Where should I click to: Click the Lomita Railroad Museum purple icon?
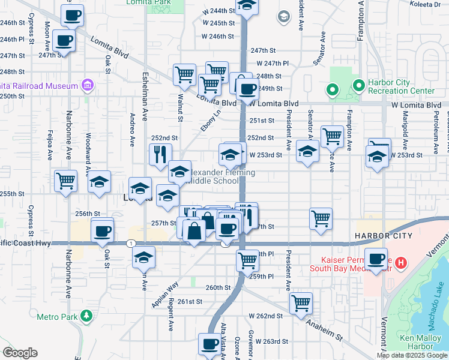[88, 85]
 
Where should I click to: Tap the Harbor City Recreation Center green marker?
[358, 85]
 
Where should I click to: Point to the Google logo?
[20, 353]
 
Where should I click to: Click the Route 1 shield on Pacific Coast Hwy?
[130, 243]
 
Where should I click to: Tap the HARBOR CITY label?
[383, 236]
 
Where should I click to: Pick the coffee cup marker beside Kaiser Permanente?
[376, 259]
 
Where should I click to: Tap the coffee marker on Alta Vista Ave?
[209, 344]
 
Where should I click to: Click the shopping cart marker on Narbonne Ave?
[65, 179]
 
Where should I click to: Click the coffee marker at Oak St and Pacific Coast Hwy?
[102, 230]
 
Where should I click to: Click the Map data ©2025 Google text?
[411, 355]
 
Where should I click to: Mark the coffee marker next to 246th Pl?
[64, 41]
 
